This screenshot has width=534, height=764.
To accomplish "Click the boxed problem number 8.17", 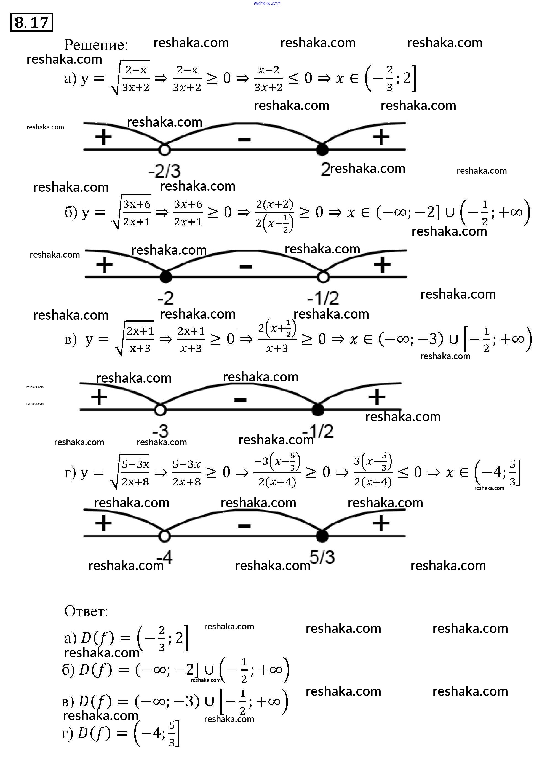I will (32, 22).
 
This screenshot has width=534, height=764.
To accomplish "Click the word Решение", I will (96, 45).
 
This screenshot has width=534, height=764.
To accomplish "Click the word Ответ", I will (86, 611).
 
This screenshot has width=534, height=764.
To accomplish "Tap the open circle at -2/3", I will (164, 150).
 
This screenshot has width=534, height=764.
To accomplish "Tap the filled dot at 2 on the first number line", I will (322, 150).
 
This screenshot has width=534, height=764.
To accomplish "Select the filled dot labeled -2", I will (166, 277).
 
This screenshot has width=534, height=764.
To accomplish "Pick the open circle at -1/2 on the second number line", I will (323, 277).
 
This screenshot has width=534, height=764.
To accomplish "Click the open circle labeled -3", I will (160, 410).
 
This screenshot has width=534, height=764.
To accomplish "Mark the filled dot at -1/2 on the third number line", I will (318, 410).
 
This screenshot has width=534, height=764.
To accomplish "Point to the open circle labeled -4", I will (164, 536).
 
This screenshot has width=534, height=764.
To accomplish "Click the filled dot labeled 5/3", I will (322, 536).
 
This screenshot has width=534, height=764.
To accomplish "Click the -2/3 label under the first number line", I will (164, 171).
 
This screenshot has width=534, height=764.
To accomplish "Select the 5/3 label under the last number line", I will (322, 557).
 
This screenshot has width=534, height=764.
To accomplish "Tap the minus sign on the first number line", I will (244, 140).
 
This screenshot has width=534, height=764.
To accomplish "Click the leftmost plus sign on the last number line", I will (103, 523).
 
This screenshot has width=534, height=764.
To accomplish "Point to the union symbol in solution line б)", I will (450, 212).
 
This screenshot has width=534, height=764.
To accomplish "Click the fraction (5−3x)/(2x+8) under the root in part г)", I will (135, 472).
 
